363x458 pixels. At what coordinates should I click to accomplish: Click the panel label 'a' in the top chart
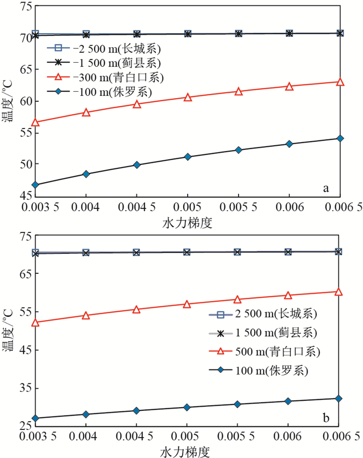326,188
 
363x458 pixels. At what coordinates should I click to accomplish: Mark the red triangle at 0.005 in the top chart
187,97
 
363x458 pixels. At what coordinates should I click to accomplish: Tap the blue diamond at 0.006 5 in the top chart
340,138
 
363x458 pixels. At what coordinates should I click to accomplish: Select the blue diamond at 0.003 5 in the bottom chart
35,418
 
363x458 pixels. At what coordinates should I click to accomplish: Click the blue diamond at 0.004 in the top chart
86,174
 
